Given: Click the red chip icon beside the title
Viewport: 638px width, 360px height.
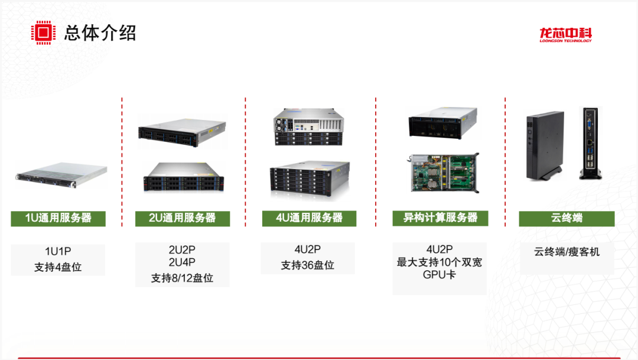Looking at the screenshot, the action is (x=43, y=33).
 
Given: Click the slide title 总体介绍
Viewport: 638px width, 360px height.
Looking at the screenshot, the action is (x=100, y=33).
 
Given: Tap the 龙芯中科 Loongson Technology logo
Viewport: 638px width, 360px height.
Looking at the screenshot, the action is (x=565, y=35).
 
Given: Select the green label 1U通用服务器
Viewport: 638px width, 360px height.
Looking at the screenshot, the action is (x=58, y=218).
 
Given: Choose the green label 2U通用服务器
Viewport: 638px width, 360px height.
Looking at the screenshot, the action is (x=182, y=218).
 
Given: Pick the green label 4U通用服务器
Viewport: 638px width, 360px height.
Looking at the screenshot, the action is (x=309, y=218).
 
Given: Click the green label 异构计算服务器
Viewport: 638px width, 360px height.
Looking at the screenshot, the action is (x=440, y=218).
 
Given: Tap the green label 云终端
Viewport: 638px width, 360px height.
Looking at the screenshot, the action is (x=567, y=218).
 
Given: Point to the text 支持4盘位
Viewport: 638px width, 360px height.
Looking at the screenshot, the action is (x=58, y=267).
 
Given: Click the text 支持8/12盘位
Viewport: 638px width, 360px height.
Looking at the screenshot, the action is (x=182, y=278).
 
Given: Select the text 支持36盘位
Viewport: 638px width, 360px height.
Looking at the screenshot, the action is (x=308, y=265).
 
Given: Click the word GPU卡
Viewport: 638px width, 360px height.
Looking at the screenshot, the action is (x=440, y=275).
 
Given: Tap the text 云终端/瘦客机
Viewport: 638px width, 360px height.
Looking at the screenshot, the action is (x=567, y=252).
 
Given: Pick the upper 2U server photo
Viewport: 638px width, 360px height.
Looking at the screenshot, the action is (x=182, y=130).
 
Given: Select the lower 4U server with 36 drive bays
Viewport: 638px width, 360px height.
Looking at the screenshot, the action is (x=308, y=179).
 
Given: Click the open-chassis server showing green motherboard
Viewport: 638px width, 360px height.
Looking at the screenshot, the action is (x=443, y=174).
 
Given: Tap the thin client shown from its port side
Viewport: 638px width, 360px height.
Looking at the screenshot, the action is (x=590, y=144).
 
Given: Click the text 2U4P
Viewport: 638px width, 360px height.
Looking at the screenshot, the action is (x=182, y=262).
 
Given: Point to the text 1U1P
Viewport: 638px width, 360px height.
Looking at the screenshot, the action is (x=58, y=251).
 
